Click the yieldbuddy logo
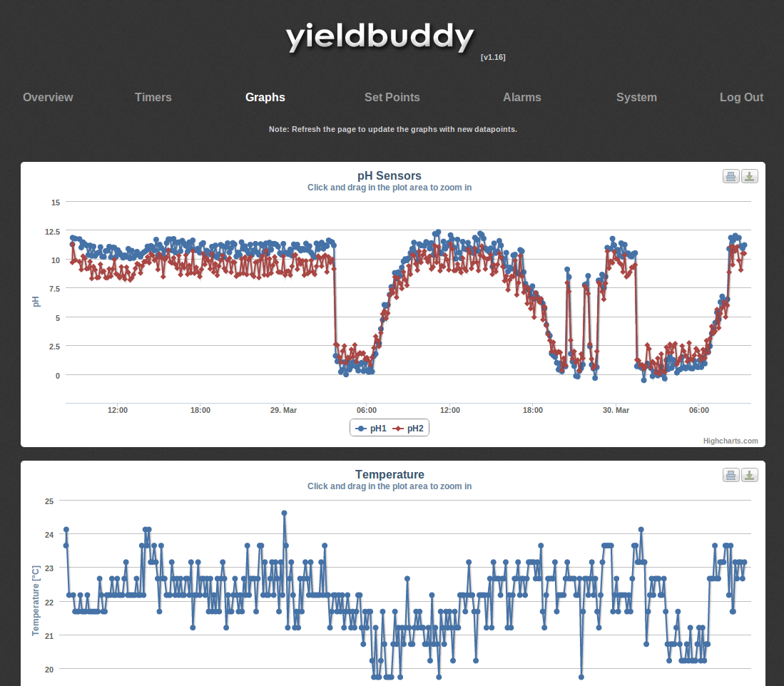click(x=380, y=37)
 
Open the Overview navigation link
click(x=48, y=98)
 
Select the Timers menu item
click(x=153, y=98)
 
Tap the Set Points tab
click(x=392, y=98)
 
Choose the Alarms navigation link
click(x=522, y=98)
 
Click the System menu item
click(x=636, y=98)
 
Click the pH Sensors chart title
click(x=390, y=175)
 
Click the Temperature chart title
click(x=390, y=474)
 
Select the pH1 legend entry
click(x=371, y=429)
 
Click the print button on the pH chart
click(x=730, y=176)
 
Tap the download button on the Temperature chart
click(x=750, y=475)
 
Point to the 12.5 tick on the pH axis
click(x=51, y=232)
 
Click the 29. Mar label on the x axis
click(x=283, y=411)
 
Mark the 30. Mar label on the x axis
click(x=616, y=411)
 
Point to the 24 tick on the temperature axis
click(x=50, y=535)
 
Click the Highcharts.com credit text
click(x=730, y=441)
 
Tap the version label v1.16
click(x=493, y=57)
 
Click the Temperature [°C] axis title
click(x=35, y=600)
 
